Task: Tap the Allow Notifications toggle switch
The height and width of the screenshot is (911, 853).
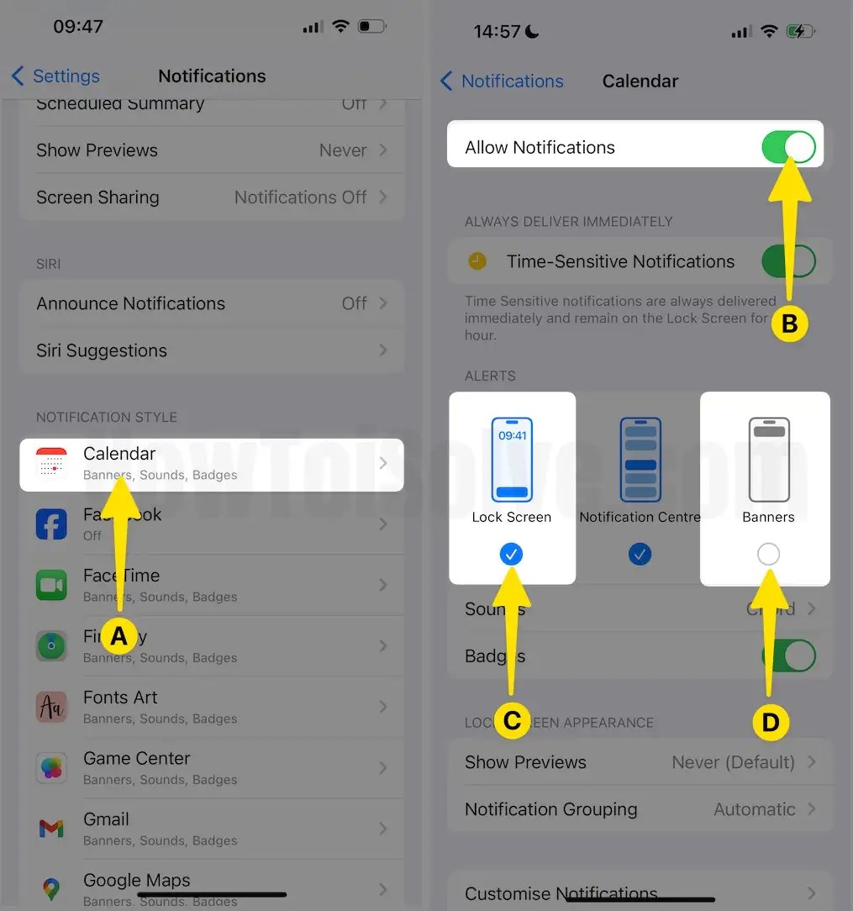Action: pos(788,147)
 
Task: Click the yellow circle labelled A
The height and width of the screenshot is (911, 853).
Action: pos(119,636)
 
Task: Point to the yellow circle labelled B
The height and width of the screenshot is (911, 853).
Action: pos(789,323)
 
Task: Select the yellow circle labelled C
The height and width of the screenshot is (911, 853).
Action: pos(512,720)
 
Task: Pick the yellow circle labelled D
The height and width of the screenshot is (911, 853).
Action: pos(771,722)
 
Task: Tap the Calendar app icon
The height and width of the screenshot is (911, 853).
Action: pos(51,463)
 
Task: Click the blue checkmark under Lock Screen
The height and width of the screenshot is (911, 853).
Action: pos(511,554)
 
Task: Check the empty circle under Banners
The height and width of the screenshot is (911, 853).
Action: pos(768,554)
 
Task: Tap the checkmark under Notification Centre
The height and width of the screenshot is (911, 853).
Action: pos(640,554)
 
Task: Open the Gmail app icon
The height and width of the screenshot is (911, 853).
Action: pos(51,829)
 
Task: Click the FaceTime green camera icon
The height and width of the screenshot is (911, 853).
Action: pos(51,585)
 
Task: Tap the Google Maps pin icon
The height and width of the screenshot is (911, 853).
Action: pos(51,889)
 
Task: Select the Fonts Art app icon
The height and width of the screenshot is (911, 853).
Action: pos(51,707)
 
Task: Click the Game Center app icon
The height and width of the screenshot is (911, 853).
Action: pos(51,767)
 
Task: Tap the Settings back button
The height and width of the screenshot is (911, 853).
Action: pos(55,76)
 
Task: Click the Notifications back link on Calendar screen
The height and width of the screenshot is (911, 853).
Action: pos(502,82)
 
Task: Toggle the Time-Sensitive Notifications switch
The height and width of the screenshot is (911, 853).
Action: pos(788,261)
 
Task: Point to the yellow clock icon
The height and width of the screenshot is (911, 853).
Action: pos(477,261)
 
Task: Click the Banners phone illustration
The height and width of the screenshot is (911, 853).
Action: pos(768,459)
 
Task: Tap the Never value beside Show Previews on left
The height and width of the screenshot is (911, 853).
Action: pos(343,150)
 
